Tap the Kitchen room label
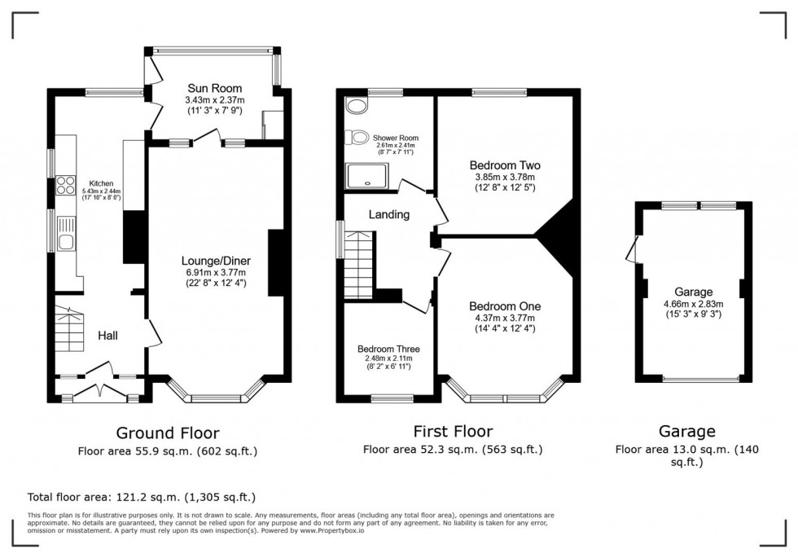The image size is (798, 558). (101, 184)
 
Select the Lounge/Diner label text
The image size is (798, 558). (215, 261)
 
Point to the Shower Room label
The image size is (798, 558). (396, 138)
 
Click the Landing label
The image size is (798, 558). (388, 215)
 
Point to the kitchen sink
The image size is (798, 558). (66, 239)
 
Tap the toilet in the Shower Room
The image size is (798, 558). (356, 136)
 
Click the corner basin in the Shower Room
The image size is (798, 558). (354, 106)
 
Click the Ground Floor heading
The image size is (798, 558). (167, 433)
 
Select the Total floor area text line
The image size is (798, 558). (147, 496)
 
